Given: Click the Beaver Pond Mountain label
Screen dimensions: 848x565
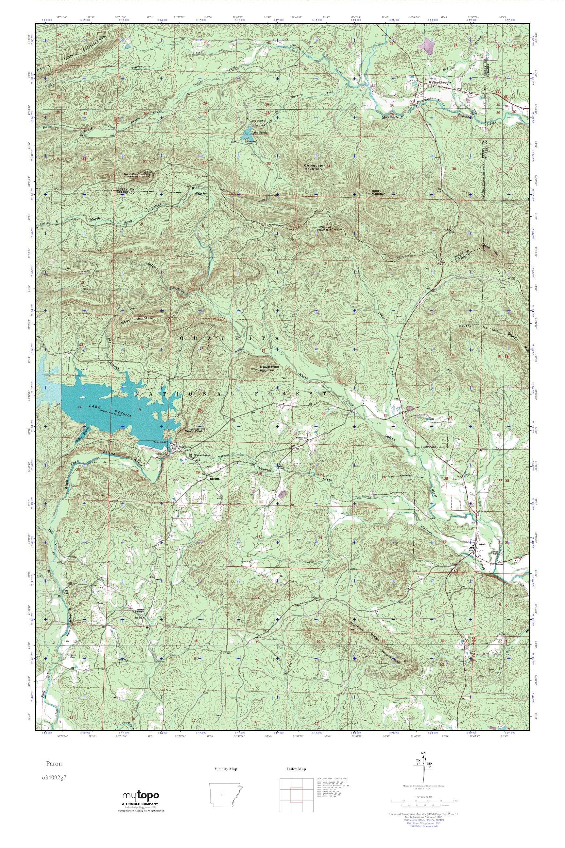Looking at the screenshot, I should tap(269, 368).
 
